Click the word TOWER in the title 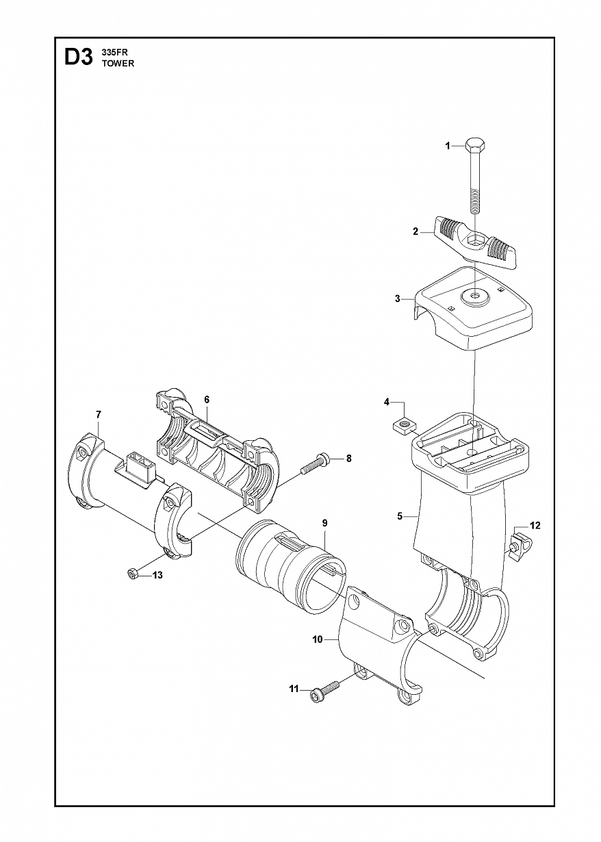(118, 64)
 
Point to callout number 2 (415, 231)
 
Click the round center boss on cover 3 (476, 297)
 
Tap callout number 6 (207, 400)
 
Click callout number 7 (99, 415)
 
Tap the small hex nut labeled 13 (131, 585)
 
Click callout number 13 (158, 586)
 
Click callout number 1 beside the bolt (448, 146)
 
